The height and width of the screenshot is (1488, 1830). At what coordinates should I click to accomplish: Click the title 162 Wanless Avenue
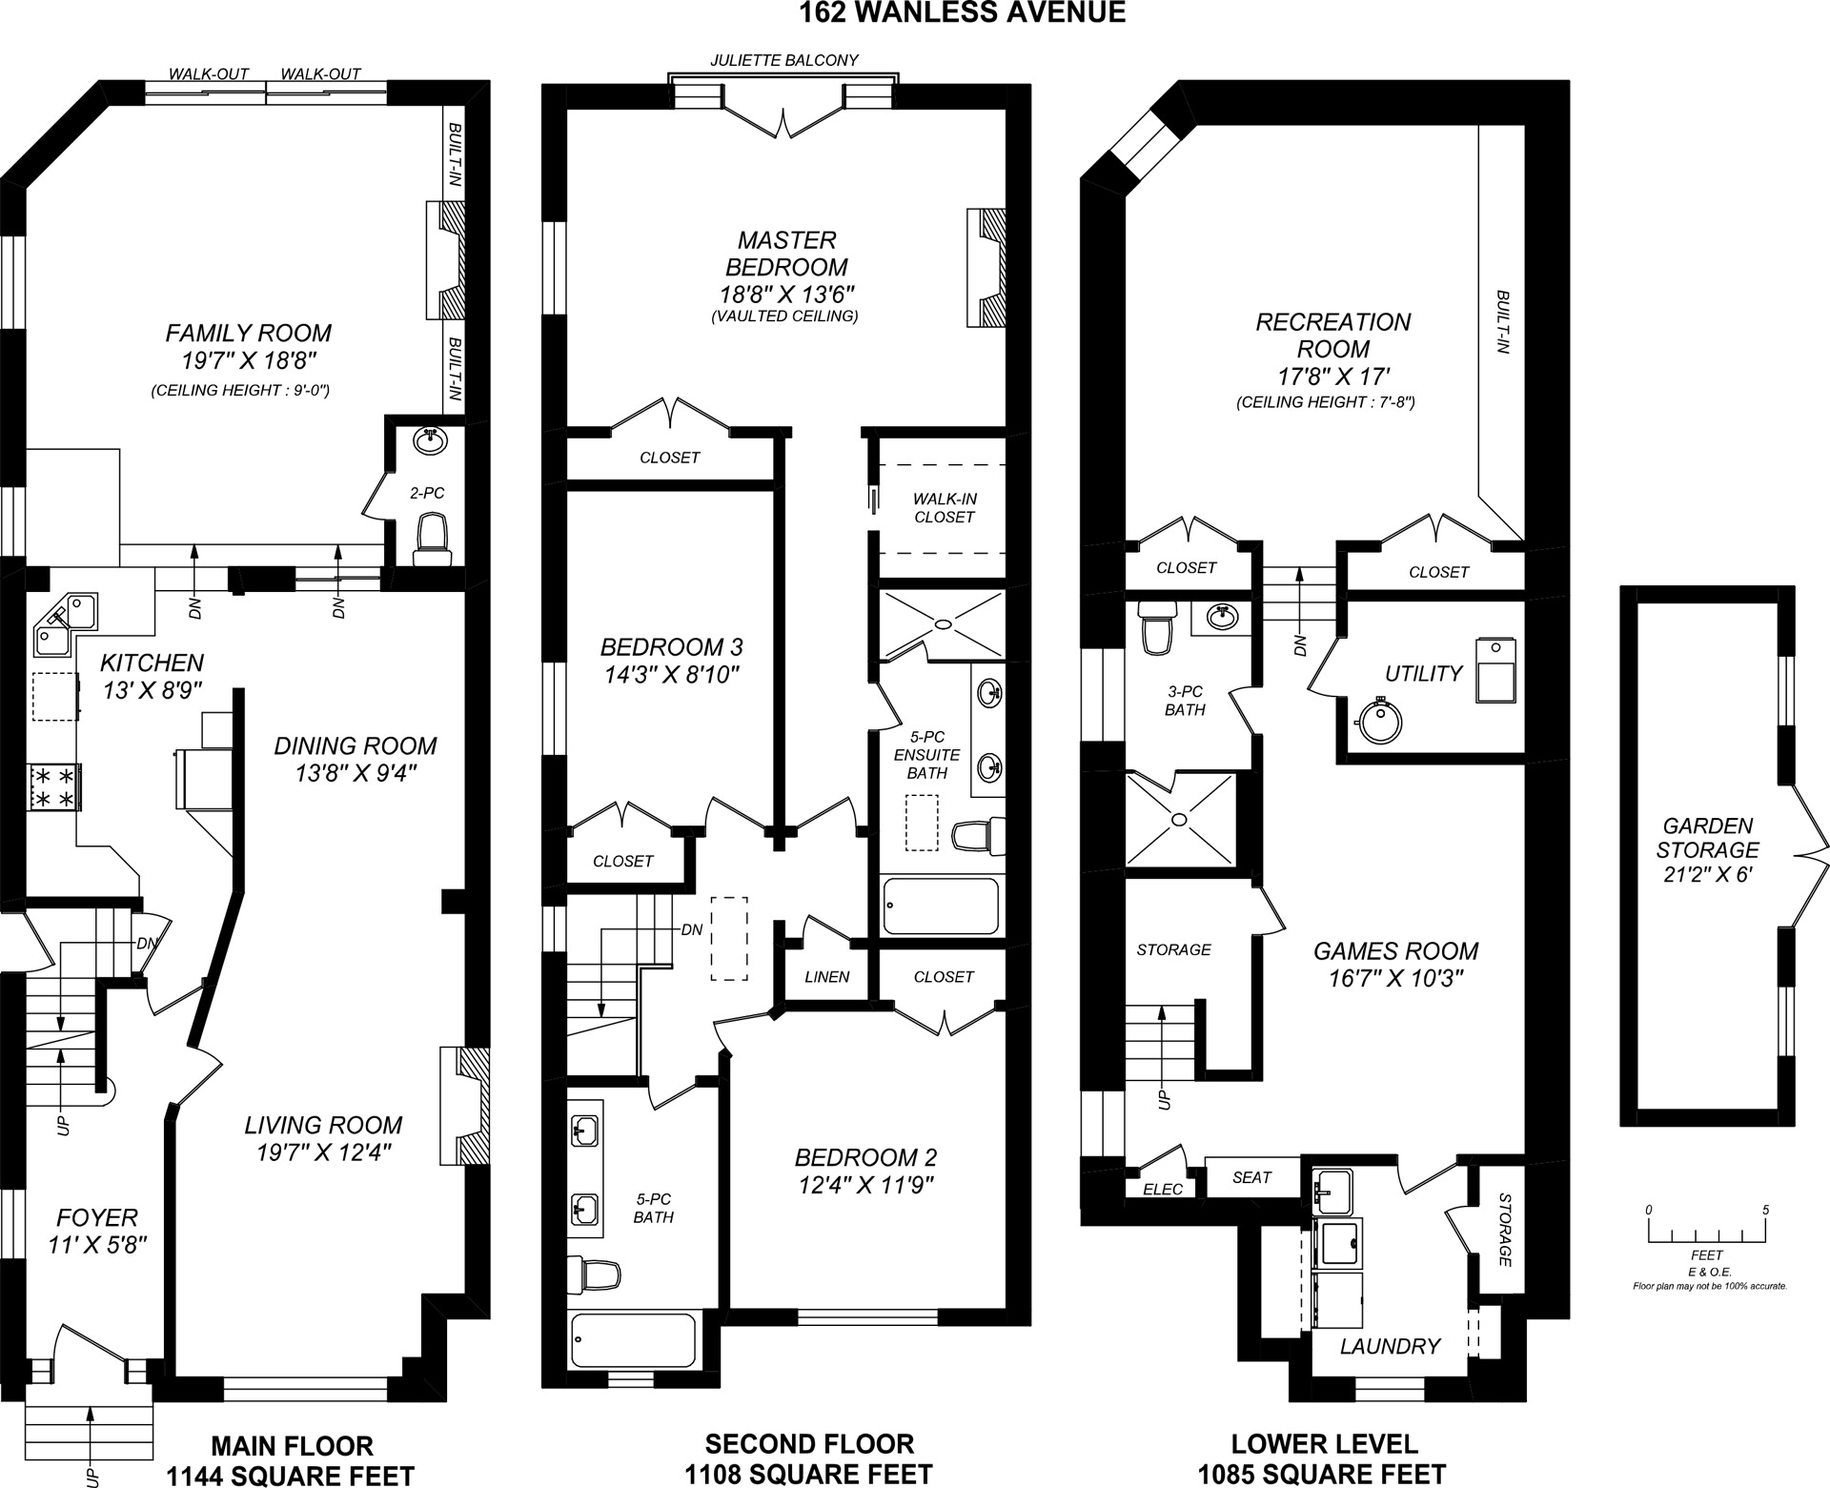click(x=962, y=12)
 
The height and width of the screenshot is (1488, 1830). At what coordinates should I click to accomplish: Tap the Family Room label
click(x=249, y=333)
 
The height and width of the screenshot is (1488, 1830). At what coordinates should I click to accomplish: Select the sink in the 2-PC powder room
click(x=430, y=441)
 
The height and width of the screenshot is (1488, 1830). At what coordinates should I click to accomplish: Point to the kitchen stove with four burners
click(x=55, y=786)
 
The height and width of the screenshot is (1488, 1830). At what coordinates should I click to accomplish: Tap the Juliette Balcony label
click(x=784, y=60)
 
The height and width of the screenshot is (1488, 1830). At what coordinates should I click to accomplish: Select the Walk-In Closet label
click(x=944, y=507)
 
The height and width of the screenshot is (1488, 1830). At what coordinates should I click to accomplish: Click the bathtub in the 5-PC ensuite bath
click(x=941, y=907)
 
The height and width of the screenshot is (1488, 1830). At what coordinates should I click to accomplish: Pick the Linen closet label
click(x=826, y=977)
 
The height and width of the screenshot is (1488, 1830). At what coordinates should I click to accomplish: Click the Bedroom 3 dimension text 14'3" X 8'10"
click(x=671, y=675)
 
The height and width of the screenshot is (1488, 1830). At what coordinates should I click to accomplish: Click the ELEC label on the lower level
click(x=1162, y=1189)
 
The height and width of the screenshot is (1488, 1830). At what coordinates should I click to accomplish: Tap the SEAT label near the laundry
click(x=1251, y=1177)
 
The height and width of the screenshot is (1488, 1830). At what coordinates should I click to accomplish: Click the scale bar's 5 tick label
click(x=1765, y=1210)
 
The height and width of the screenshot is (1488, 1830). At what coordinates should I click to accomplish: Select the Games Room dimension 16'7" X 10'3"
click(x=1396, y=978)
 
